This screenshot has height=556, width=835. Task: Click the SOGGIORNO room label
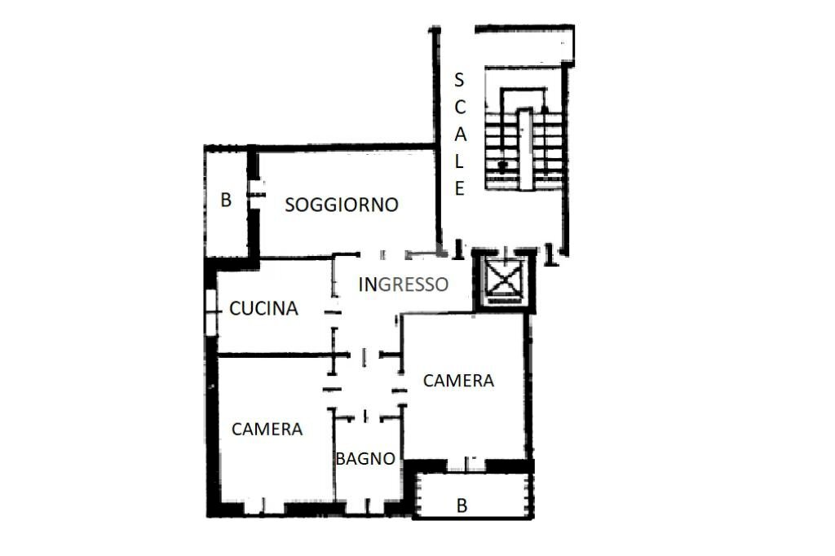pyautogui.click(x=341, y=205)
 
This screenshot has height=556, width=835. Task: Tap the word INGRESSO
pyautogui.click(x=404, y=285)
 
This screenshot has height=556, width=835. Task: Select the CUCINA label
pyautogui.click(x=263, y=308)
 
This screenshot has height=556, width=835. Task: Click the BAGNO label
pyautogui.click(x=365, y=459)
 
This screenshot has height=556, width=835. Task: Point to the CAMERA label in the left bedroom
pyautogui.click(x=267, y=429)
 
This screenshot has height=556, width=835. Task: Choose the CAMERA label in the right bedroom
pyautogui.click(x=458, y=380)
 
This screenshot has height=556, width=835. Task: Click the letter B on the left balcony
pyautogui.click(x=226, y=200)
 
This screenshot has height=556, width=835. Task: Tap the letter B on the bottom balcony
pyautogui.click(x=462, y=506)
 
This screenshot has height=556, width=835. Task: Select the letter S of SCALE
pyautogui.click(x=459, y=80)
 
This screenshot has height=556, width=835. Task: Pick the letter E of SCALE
pyautogui.click(x=459, y=189)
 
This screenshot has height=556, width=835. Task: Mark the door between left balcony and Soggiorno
pyautogui.click(x=256, y=193)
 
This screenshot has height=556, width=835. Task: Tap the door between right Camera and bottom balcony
pyautogui.click(x=466, y=465)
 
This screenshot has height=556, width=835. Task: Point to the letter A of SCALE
pyautogui.click(x=459, y=134)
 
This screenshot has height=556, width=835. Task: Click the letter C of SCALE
pyautogui.click(x=459, y=107)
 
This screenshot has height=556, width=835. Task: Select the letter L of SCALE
pyautogui.click(x=459, y=161)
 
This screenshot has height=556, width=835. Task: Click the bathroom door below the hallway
pyautogui.click(x=365, y=417)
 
